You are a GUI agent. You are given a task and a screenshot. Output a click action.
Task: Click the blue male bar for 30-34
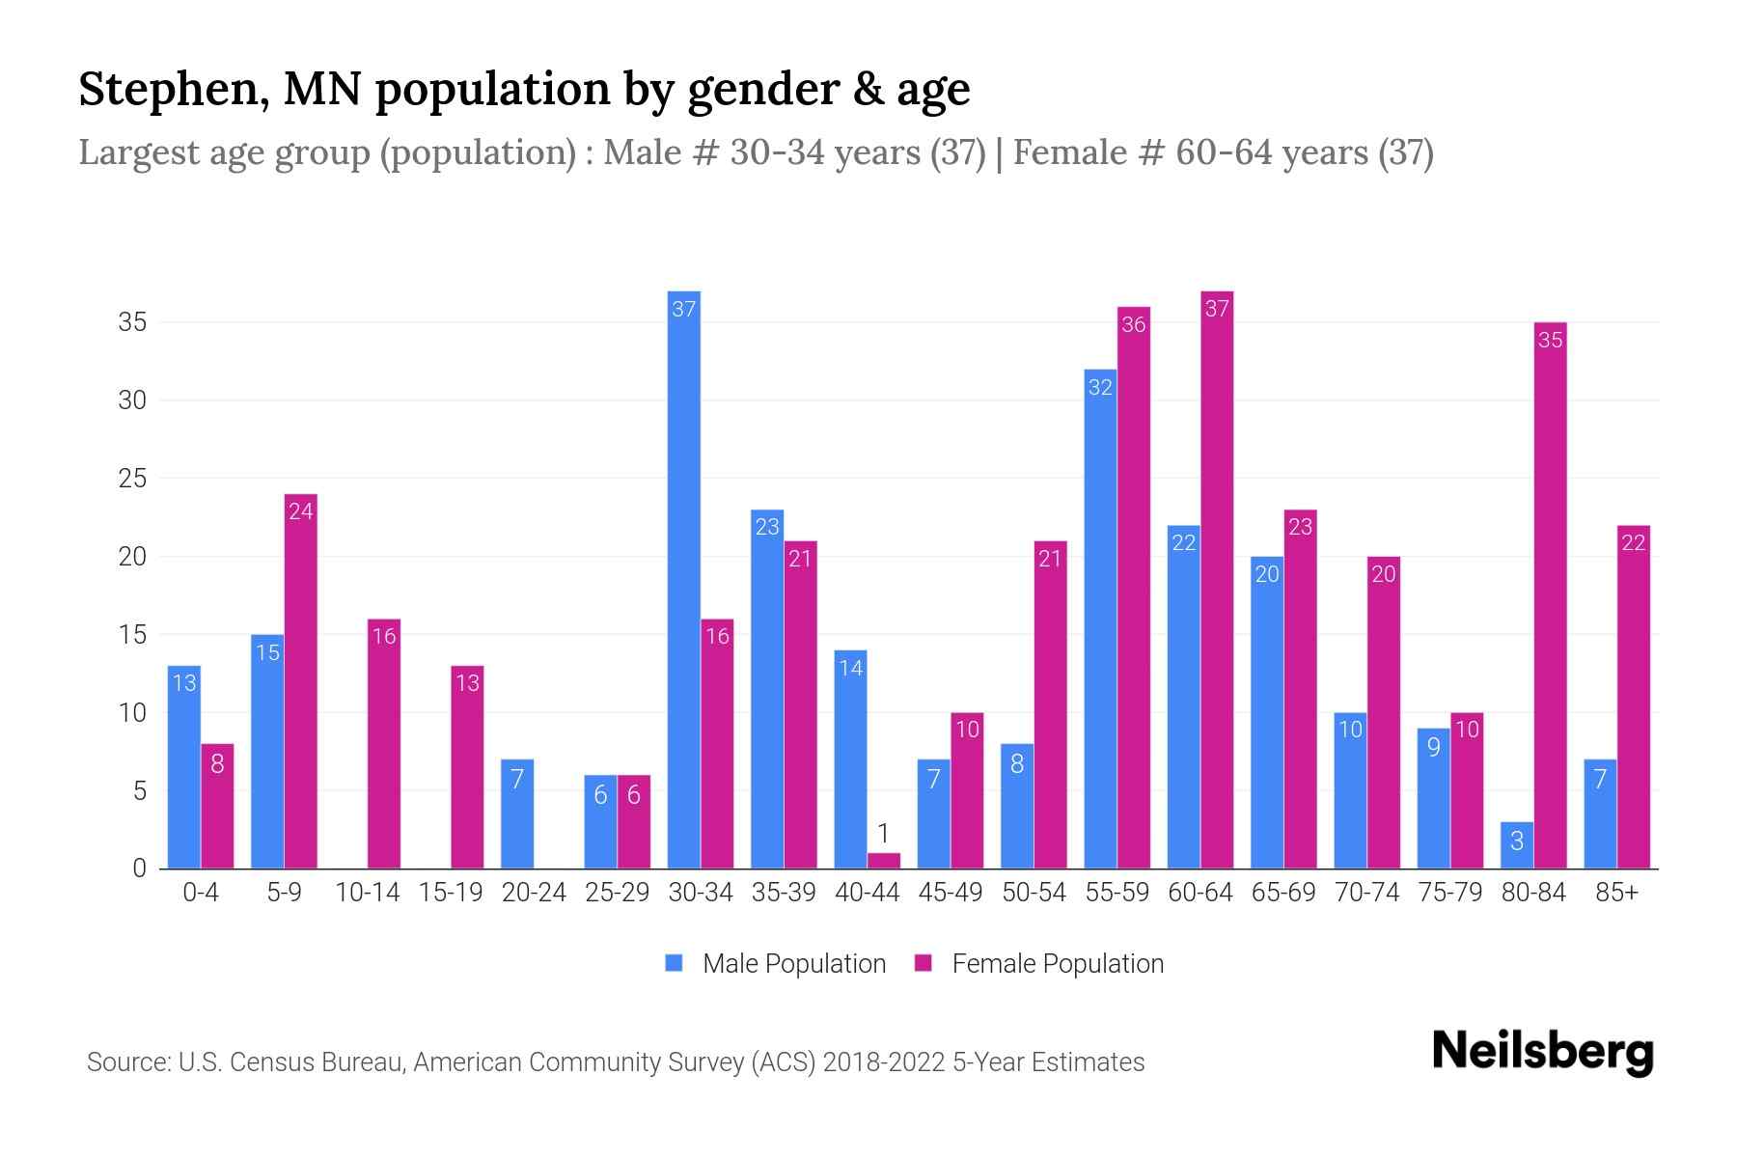click(684, 579)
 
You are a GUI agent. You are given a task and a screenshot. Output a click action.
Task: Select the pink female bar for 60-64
click(1217, 579)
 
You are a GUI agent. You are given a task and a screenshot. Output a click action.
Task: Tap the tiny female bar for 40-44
click(883, 861)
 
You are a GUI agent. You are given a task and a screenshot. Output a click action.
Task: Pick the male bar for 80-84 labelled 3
click(1516, 845)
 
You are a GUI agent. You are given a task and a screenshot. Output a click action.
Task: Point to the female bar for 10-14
click(384, 743)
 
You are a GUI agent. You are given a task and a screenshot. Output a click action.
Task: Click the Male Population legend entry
click(775, 964)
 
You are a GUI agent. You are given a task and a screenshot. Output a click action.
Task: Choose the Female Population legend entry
click(1039, 964)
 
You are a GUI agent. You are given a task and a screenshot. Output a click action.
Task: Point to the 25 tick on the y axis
click(132, 479)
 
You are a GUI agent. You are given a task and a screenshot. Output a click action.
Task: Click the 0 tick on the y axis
click(140, 868)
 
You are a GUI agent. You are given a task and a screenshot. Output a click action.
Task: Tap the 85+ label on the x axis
click(1616, 893)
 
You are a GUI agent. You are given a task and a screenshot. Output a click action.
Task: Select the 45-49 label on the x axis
click(951, 893)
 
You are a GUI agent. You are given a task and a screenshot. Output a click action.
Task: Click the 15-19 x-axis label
click(451, 893)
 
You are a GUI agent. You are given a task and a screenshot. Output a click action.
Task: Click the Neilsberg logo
click(1542, 1051)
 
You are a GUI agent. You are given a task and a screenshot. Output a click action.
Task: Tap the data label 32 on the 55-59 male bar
click(1100, 387)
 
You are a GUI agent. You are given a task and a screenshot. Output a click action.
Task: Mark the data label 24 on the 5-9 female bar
click(301, 510)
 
